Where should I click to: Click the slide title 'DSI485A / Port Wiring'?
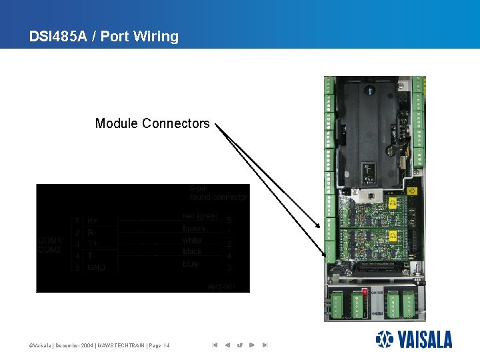point(104,37)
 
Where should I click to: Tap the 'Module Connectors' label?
point(152,123)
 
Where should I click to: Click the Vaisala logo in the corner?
point(413,339)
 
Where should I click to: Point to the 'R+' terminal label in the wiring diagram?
point(93,221)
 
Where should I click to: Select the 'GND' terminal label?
point(97,267)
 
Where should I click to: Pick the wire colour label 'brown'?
point(193,229)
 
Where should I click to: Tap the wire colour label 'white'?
point(192,240)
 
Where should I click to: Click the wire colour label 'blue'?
point(190,264)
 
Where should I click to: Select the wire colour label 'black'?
point(192,252)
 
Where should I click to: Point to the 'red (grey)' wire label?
point(200,217)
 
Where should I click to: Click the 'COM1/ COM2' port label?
point(51,245)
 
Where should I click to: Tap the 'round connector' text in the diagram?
point(218,197)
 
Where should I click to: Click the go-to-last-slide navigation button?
point(265,345)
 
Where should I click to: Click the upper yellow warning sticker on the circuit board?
point(393,202)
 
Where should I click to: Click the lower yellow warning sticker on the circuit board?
point(393,236)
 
